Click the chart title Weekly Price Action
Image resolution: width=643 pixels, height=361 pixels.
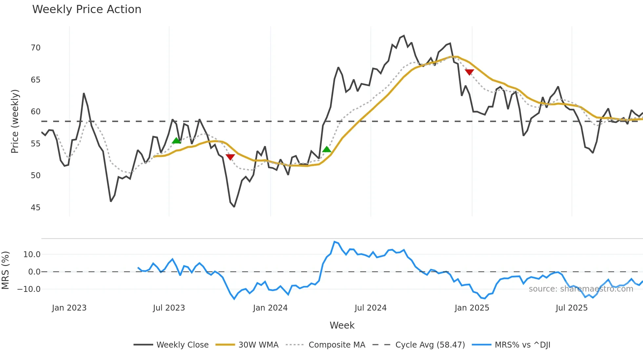(x=87, y=9)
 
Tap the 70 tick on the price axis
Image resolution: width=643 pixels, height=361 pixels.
(x=35, y=48)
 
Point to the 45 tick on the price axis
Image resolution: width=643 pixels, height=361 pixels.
(x=35, y=208)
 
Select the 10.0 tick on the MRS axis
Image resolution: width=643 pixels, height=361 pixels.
(x=31, y=255)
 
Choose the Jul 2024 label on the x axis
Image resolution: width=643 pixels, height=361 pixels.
(x=370, y=308)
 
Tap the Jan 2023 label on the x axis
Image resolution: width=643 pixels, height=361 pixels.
(x=69, y=308)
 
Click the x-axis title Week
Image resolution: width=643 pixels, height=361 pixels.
(x=342, y=325)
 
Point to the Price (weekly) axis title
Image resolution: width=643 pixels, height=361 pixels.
(x=15, y=121)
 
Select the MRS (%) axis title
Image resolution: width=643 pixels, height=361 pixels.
(x=5, y=270)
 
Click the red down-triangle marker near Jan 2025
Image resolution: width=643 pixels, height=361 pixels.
(x=469, y=72)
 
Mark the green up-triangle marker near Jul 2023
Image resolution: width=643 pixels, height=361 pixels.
(x=176, y=141)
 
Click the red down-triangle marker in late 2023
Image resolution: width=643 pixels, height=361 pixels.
(x=230, y=157)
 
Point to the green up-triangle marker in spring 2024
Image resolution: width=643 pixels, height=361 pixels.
(x=327, y=149)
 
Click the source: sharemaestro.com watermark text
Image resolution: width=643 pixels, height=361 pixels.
(x=581, y=289)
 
